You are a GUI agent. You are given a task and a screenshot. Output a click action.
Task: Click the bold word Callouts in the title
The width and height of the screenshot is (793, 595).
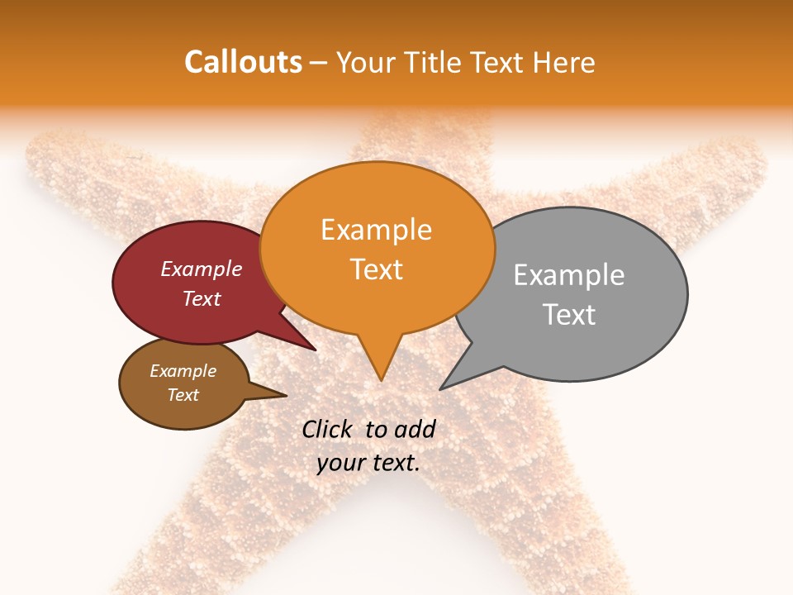pyautogui.click(x=243, y=62)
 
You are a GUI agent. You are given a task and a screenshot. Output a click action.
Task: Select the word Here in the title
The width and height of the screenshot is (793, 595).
pyautogui.click(x=565, y=62)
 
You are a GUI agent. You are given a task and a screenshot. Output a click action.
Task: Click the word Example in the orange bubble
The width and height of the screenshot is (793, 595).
pyautogui.click(x=376, y=230)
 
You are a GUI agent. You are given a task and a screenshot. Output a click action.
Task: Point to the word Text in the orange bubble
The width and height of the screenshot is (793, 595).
pyautogui.click(x=376, y=269)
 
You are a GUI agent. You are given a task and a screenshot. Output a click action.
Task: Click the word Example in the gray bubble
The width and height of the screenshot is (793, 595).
pyautogui.click(x=568, y=275)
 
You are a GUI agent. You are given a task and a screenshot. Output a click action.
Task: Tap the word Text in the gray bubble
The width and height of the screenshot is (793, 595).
pyautogui.click(x=568, y=315)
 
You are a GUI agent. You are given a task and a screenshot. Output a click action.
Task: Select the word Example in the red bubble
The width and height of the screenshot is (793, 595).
pyautogui.click(x=201, y=269)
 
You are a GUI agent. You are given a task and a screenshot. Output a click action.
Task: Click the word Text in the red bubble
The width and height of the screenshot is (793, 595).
pyautogui.click(x=201, y=298)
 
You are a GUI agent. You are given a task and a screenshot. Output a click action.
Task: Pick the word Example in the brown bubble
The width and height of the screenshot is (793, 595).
pyautogui.click(x=183, y=371)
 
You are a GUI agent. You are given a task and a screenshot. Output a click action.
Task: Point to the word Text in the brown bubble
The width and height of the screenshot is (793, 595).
pyautogui.click(x=183, y=395)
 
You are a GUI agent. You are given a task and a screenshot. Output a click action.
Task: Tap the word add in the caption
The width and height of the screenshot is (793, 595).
pyautogui.click(x=415, y=429)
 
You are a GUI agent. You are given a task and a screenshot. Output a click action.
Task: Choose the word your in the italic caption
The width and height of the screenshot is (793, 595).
pyautogui.click(x=340, y=463)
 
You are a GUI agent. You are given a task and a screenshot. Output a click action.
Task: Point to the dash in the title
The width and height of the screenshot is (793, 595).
pyautogui.click(x=319, y=62)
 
